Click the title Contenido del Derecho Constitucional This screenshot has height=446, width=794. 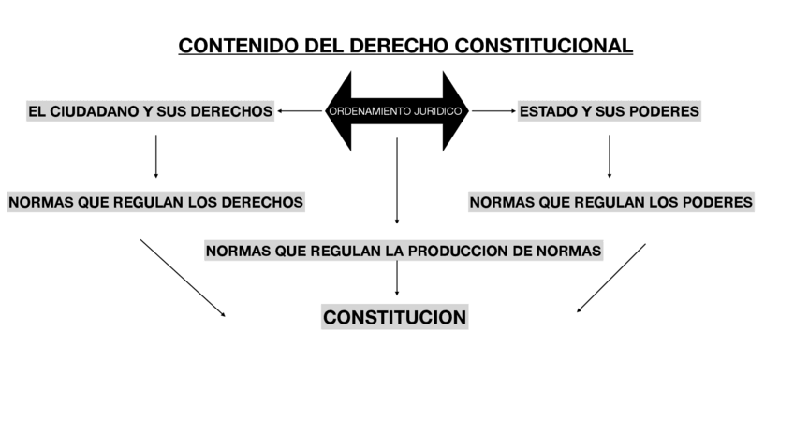(x=405, y=46)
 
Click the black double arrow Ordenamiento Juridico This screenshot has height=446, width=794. (x=396, y=111)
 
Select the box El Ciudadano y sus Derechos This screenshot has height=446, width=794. (x=150, y=111)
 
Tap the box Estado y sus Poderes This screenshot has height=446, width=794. (x=609, y=111)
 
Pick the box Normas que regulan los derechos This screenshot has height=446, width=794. (x=155, y=202)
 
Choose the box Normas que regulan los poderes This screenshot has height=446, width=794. (x=610, y=202)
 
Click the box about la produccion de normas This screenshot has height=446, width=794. (x=403, y=251)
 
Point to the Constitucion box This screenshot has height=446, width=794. (x=394, y=318)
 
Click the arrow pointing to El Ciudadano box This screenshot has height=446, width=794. (x=300, y=111)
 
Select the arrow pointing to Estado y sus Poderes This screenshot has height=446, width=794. (x=493, y=111)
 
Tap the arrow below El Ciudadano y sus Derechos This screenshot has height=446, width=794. (x=155, y=156)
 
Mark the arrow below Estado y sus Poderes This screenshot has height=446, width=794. (x=610, y=156)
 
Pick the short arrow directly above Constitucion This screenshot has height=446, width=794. (x=397, y=278)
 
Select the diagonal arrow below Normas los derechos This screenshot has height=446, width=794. (x=184, y=278)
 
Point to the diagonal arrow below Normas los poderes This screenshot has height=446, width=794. (x=611, y=278)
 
